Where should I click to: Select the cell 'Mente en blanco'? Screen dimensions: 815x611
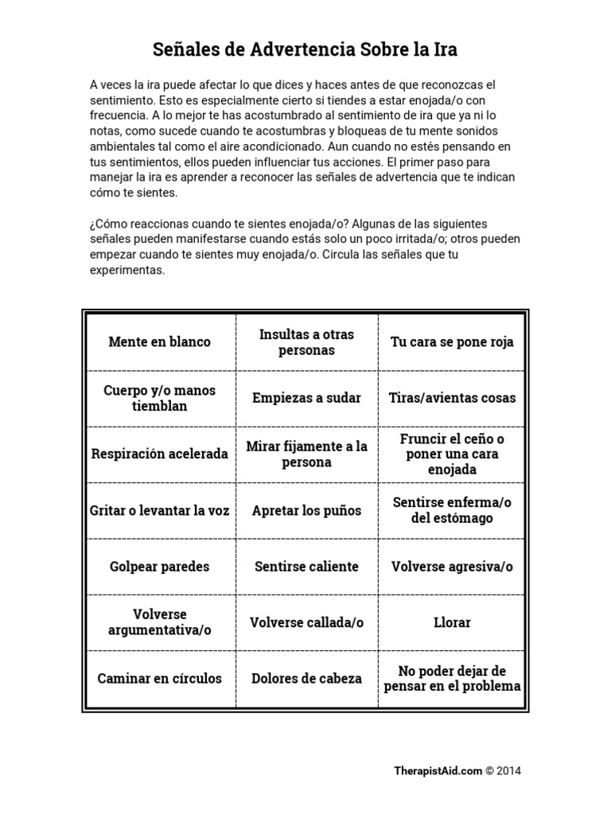click(x=159, y=342)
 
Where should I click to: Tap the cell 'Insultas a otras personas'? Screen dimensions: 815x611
click(x=306, y=342)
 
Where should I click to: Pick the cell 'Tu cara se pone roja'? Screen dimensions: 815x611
click(x=452, y=342)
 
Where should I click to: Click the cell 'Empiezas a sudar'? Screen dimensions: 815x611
click(x=306, y=398)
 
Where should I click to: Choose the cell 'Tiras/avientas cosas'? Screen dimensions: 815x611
click(x=452, y=398)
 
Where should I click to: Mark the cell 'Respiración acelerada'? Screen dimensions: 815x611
click(x=159, y=454)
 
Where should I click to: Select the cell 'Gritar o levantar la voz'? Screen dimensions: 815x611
click(x=159, y=510)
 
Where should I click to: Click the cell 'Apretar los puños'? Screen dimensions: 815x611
click(x=306, y=510)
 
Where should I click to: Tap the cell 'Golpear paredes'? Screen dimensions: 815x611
click(x=159, y=567)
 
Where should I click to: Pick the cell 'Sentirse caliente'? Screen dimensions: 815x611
click(x=306, y=567)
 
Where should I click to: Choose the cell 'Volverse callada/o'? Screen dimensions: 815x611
click(x=306, y=622)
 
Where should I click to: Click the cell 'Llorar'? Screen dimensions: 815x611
click(x=452, y=622)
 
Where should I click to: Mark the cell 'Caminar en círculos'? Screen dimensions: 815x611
click(x=159, y=679)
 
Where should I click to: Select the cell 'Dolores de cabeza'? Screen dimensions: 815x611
click(x=306, y=679)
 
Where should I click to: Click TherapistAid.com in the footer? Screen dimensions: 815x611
click(x=438, y=770)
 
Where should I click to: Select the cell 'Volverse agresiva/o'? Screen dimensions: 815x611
click(x=452, y=567)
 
